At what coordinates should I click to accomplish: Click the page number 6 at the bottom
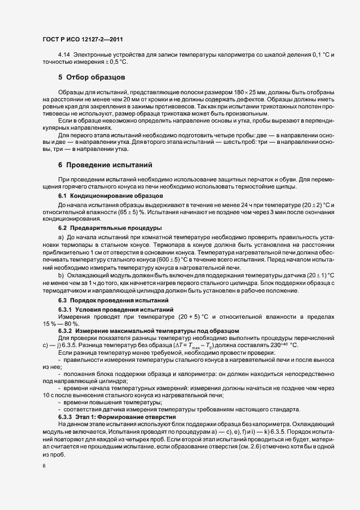point(44,466)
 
